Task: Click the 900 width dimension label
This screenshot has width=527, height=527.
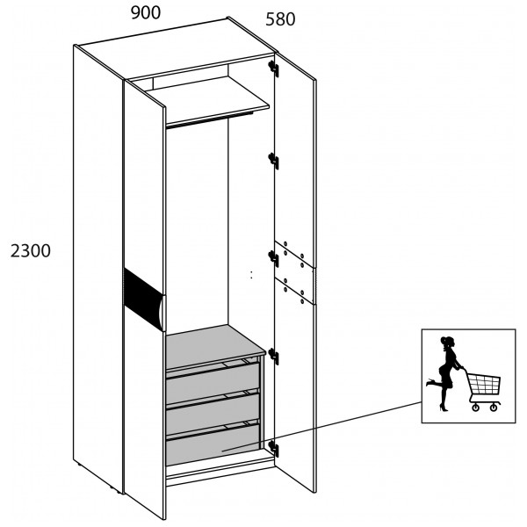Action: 146,13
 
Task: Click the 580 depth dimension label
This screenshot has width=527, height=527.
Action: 280,19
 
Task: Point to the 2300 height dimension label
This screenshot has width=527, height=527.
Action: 31,250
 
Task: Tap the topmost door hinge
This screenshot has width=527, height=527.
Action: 273,69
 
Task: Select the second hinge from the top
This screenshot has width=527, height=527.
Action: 273,161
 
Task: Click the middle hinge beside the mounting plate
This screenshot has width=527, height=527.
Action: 273,259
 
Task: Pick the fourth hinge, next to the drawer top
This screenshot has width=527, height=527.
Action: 273,357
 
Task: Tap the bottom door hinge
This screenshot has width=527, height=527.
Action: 273,449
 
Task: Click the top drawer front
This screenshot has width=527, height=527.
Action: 213,383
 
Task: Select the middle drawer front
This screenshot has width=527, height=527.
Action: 213,414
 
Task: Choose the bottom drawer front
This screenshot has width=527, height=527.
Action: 213,444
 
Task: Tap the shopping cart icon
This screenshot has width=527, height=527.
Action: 482,391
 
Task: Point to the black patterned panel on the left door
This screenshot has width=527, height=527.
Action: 143,299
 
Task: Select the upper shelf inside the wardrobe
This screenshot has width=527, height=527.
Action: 208,101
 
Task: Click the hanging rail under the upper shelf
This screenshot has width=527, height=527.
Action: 209,120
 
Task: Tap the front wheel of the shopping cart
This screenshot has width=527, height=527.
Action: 475,408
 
